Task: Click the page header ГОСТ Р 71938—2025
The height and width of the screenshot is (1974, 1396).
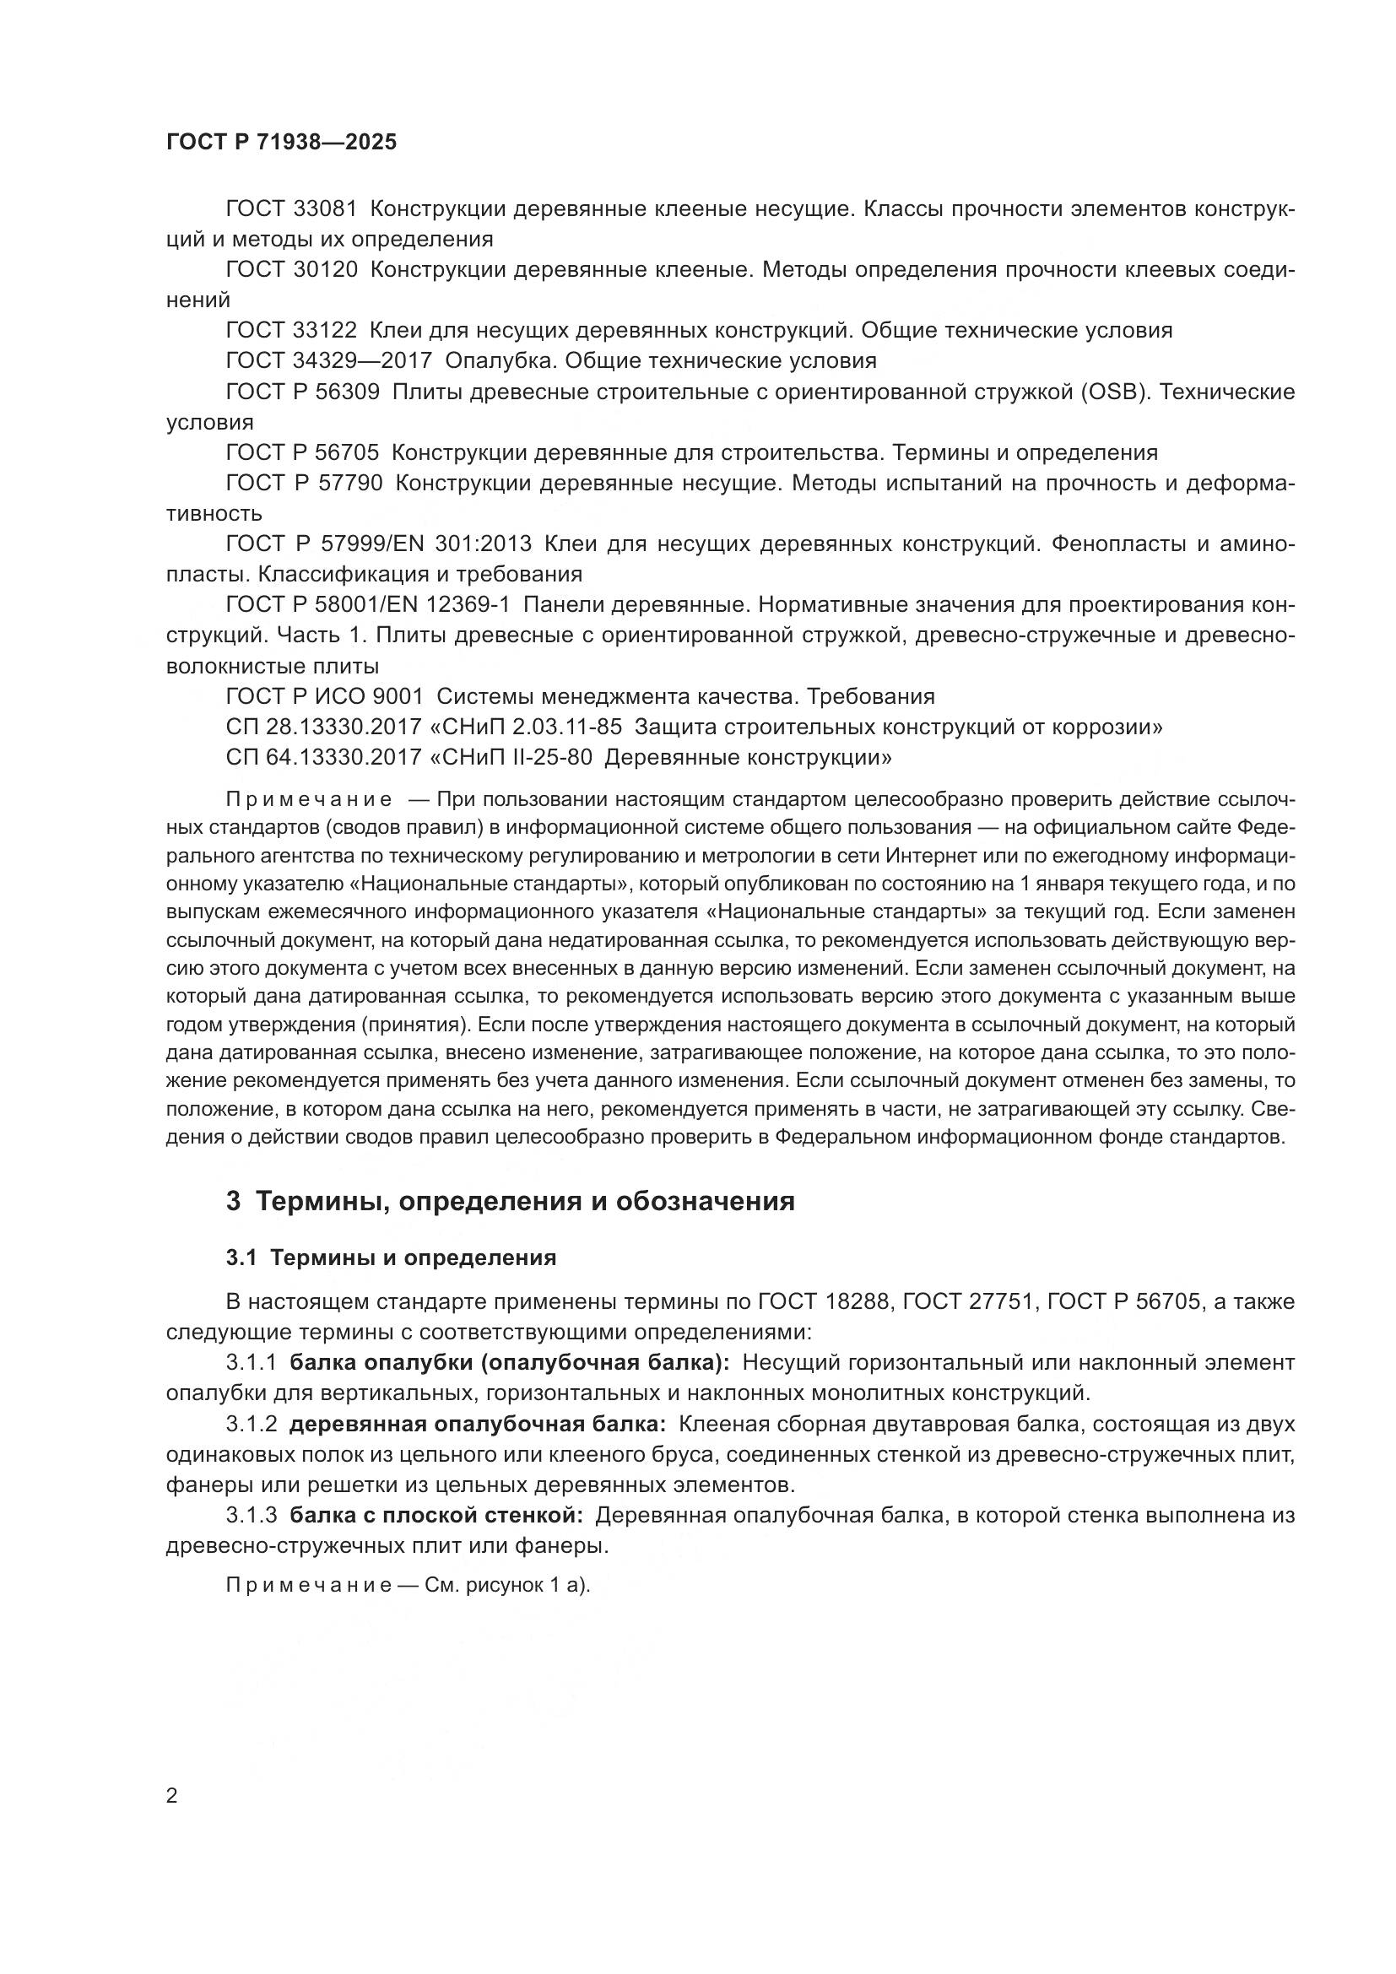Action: pos(282,143)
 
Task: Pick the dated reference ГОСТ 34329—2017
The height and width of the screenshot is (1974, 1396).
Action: pos(329,361)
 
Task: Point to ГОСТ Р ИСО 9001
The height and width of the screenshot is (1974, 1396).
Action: pos(325,696)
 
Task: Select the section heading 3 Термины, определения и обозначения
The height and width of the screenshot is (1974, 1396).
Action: pos(510,1201)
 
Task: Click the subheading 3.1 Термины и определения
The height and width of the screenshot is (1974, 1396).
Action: pos(391,1257)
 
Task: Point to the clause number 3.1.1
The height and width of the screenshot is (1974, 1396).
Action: pos(251,1363)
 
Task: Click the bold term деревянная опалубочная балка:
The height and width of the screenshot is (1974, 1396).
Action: pos(477,1424)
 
